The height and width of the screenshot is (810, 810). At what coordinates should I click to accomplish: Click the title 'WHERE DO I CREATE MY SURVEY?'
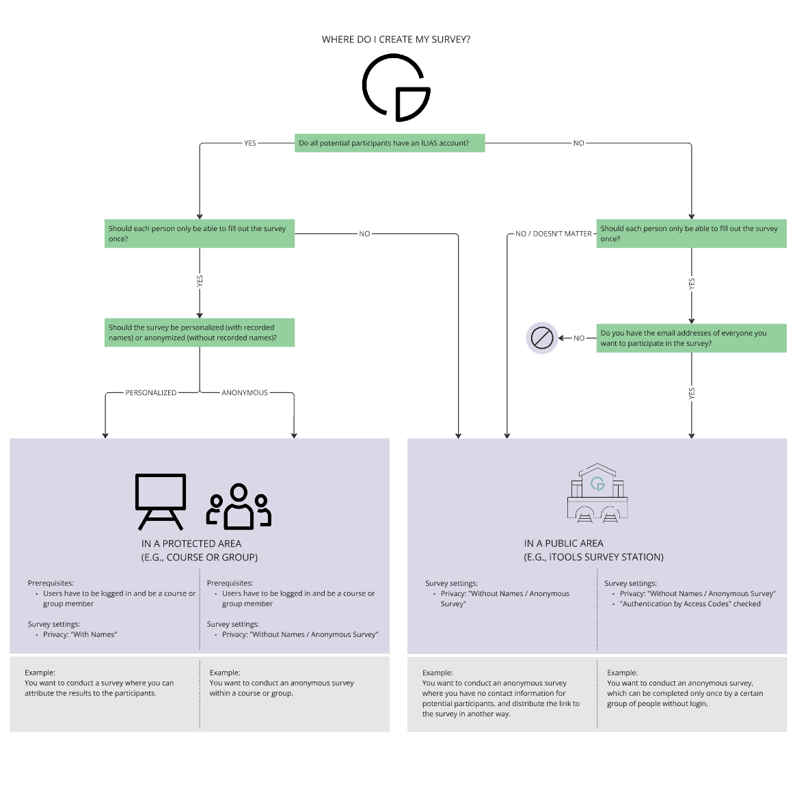pos(396,40)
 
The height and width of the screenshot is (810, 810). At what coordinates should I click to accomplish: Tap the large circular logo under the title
pos(396,88)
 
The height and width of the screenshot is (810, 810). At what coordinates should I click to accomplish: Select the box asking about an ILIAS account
pos(390,143)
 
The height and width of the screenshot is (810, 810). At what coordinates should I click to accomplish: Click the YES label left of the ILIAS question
pos(250,144)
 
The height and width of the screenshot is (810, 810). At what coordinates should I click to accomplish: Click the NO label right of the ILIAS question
pos(578,144)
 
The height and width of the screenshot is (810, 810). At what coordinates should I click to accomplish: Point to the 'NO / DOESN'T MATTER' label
pos(553,234)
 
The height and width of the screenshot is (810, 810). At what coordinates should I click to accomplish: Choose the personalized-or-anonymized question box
pos(200,332)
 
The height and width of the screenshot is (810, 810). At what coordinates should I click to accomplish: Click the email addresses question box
pos(691,338)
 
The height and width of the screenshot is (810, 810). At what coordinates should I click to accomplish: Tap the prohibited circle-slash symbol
pos(542,338)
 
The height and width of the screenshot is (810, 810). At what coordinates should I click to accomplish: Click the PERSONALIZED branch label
pos(151,393)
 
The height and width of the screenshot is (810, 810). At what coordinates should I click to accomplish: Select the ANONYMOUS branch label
pos(245,393)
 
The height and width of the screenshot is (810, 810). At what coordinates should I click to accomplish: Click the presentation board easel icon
pos(161,502)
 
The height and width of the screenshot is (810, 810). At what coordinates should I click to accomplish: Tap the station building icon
pos(597,494)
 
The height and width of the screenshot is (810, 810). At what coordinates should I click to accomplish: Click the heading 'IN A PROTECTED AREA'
pos(191,543)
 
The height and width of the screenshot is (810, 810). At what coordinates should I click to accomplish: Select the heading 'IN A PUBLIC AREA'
pos(564,543)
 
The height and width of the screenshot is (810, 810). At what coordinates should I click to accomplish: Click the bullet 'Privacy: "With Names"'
pos(80,634)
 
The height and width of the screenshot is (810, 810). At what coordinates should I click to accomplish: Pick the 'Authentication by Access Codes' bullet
pos(690,604)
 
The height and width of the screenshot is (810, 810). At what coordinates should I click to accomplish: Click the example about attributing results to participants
pos(99,688)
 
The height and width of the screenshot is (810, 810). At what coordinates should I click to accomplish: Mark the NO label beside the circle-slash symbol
pos(579,338)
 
